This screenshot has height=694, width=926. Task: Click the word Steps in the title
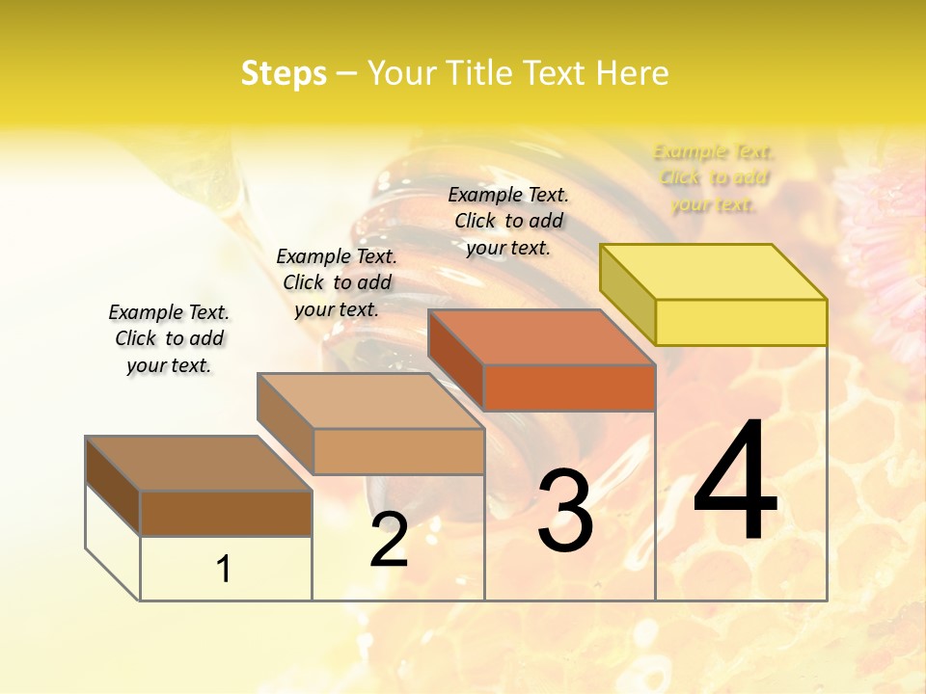(284, 73)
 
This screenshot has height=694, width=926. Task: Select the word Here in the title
(631, 73)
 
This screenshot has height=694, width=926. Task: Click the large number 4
(735, 482)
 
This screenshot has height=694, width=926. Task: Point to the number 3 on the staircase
(565, 511)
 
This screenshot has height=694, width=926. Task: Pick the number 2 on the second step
(389, 540)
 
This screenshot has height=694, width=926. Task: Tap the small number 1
(224, 569)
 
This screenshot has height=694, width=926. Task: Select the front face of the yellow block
(741, 322)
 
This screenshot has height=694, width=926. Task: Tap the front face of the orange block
(569, 387)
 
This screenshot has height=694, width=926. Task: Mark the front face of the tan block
(398, 451)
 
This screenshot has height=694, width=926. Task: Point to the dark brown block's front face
(226, 513)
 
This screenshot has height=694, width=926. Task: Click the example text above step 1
(169, 338)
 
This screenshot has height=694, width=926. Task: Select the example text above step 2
(337, 282)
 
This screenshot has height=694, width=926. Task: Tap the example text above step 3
(508, 221)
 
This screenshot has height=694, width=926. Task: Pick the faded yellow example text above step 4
(714, 177)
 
